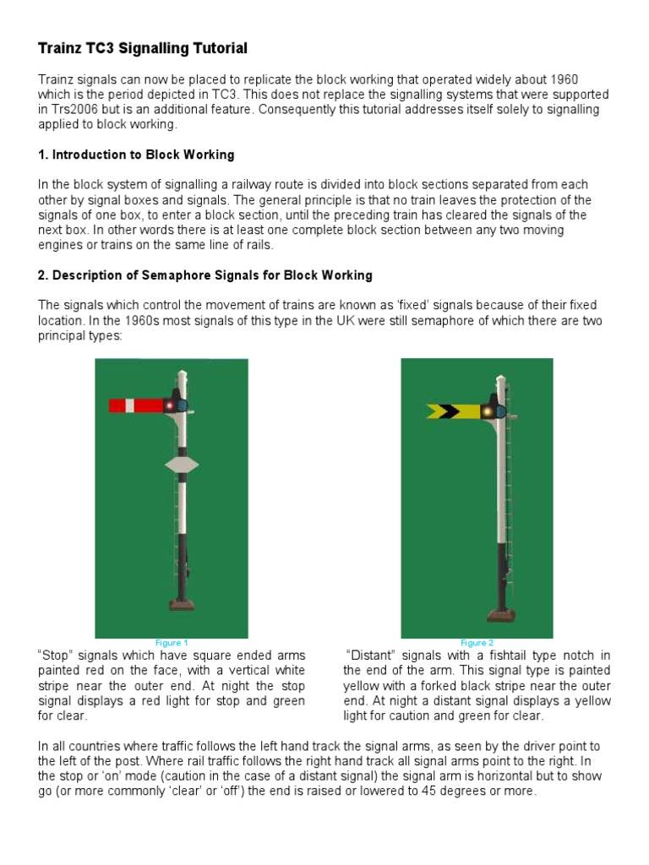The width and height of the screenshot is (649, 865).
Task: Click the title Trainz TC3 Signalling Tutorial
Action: click(142, 48)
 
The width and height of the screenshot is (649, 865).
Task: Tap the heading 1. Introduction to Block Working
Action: click(136, 155)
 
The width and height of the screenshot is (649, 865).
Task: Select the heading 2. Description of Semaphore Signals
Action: click(205, 275)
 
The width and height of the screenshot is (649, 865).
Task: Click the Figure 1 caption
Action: click(172, 643)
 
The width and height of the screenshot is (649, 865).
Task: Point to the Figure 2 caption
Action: click(477, 643)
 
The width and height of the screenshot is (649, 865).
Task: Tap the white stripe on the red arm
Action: click(130, 405)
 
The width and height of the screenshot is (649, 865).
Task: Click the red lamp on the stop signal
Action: click(169, 406)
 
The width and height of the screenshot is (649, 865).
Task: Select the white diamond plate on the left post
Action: click(183, 465)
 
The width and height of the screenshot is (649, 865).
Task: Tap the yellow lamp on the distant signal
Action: click(487, 412)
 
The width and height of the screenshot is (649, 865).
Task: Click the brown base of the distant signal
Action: click(502, 616)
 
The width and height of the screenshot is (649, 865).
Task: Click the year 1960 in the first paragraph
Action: click(564, 79)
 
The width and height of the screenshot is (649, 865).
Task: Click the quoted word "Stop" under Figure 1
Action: click(55, 656)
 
